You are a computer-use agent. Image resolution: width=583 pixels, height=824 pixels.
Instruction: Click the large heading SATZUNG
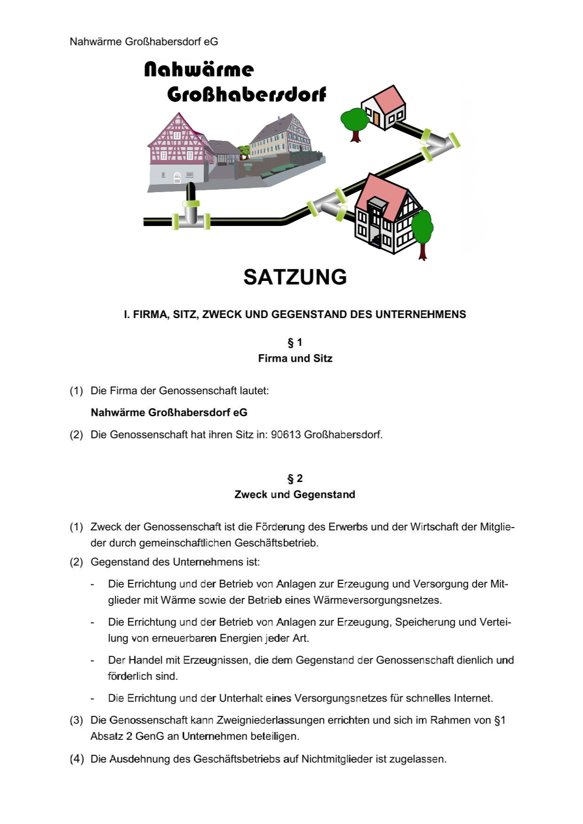tap(295, 277)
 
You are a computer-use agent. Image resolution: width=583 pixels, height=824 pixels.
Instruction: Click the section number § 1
tap(295, 342)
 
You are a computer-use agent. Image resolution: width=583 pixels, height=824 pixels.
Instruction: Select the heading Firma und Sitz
tap(295, 358)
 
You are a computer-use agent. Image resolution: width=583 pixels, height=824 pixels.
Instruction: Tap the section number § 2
tap(295, 478)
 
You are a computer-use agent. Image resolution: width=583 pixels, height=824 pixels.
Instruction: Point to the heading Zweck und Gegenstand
tap(295, 494)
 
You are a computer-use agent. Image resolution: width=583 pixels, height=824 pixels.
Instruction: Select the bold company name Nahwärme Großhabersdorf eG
tap(169, 412)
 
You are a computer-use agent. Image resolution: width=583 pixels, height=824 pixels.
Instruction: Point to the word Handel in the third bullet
tap(145, 660)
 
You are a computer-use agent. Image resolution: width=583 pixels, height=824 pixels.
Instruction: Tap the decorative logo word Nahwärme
tap(198, 70)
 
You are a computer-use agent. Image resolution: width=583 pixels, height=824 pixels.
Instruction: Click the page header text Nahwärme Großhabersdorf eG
tap(144, 41)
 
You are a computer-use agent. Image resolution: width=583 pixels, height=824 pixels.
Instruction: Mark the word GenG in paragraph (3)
tap(150, 736)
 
